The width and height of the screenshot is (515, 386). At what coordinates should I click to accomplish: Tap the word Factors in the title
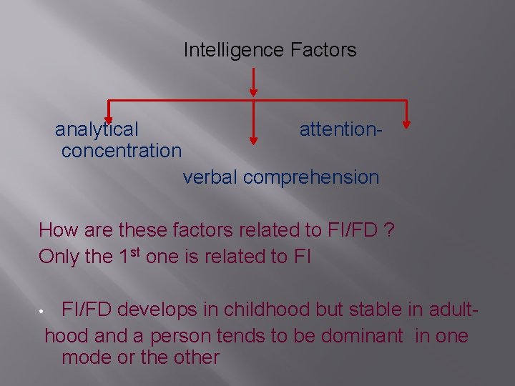[x=323, y=50]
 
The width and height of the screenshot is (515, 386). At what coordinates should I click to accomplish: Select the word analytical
[x=97, y=129]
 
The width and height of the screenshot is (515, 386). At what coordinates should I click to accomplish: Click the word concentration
[x=122, y=151]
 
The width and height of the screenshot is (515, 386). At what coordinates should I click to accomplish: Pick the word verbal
[x=210, y=177]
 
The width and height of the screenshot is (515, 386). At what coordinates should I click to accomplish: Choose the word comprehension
[x=311, y=177]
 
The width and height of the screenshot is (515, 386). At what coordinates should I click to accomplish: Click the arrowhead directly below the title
[x=253, y=90]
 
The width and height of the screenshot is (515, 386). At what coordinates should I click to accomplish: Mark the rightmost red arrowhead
[x=407, y=122]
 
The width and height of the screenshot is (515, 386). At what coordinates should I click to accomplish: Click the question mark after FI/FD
[x=388, y=230]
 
